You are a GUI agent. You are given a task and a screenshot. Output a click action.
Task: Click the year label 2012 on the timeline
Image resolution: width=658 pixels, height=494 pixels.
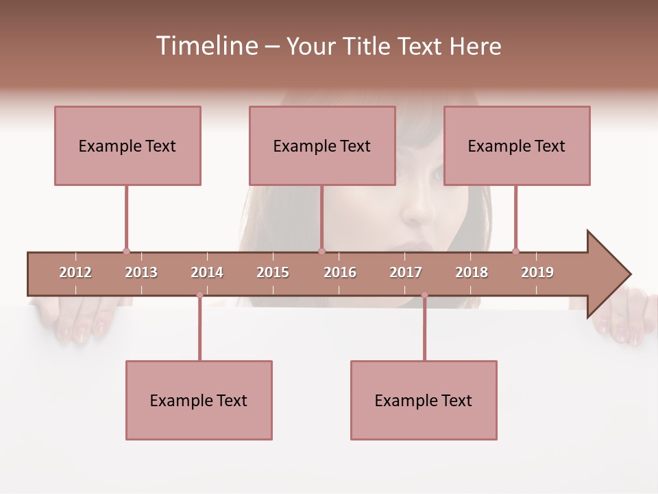[x=75, y=272]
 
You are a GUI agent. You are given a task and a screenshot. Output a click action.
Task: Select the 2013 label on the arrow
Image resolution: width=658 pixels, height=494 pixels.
[x=141, y=272]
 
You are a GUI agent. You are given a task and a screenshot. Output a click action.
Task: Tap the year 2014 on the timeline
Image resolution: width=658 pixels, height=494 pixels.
[x=207, y=272]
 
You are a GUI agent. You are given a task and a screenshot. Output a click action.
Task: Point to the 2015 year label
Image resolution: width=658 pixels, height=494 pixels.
[x=273, y=272]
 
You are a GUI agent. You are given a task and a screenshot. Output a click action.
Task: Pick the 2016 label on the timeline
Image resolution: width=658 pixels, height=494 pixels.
[x=340, y=272]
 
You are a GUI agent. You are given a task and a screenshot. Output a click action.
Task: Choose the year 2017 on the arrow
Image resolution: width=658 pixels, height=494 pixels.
[x=406, y=272]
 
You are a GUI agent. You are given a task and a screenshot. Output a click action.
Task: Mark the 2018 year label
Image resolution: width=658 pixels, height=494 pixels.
[x=472, y=272]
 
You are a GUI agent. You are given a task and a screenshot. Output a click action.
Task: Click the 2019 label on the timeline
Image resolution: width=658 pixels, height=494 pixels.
[x=537, y=272]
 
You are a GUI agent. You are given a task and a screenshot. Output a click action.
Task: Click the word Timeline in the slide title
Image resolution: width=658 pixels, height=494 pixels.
[x=206, y=46]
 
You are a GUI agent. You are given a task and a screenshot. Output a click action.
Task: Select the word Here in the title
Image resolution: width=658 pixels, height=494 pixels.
[x=475, y=46]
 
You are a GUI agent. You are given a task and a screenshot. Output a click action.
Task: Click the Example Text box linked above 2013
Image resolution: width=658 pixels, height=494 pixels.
[x=127, y=145]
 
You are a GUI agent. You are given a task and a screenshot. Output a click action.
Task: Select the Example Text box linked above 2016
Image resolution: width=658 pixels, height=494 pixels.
[x=322, y=145]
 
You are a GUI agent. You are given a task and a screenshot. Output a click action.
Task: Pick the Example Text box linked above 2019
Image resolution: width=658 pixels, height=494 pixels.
[x=517, y=145]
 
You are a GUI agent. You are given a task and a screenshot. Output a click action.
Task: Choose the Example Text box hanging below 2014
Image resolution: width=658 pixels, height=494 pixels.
[x=199, y=400]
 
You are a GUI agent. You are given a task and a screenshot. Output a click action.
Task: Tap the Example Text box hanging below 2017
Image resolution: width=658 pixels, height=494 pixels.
[x=424, y=400]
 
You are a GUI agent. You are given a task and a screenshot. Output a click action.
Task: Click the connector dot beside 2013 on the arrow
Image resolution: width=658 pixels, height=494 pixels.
[x=126, y=251]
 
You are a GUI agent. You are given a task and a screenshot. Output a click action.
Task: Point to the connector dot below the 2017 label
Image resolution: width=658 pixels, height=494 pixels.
[x=424, y=295]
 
